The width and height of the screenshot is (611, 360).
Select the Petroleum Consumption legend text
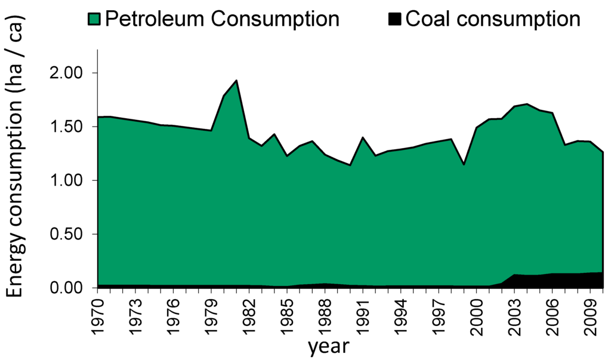point(222,19)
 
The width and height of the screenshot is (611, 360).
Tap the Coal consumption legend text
point(492,19)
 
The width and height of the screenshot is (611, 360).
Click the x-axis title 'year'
point(328,346)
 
